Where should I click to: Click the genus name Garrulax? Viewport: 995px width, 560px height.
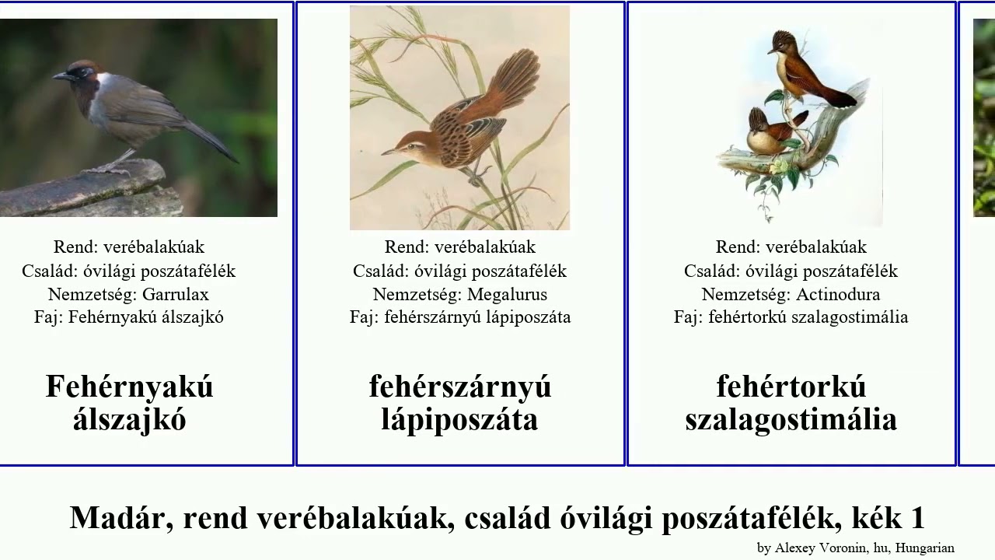pos(176,295)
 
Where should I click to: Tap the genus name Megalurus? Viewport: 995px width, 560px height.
pos(507,295)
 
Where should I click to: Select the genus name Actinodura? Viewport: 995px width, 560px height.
pos(838,295)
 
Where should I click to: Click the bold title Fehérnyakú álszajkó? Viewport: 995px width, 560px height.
pos(129,403)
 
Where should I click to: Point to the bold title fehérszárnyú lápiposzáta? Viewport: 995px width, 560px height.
pos(460,403)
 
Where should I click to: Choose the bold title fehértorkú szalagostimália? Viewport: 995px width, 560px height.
pos(791,403)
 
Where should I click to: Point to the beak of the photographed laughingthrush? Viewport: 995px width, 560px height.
pos(58,76)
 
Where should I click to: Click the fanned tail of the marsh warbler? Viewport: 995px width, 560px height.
pos(513,78)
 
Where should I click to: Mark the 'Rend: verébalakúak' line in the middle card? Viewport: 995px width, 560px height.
pos(460,247)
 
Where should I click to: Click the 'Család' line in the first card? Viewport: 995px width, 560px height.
pos(129,271)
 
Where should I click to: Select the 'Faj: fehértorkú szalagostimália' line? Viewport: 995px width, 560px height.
pos(791,317)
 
